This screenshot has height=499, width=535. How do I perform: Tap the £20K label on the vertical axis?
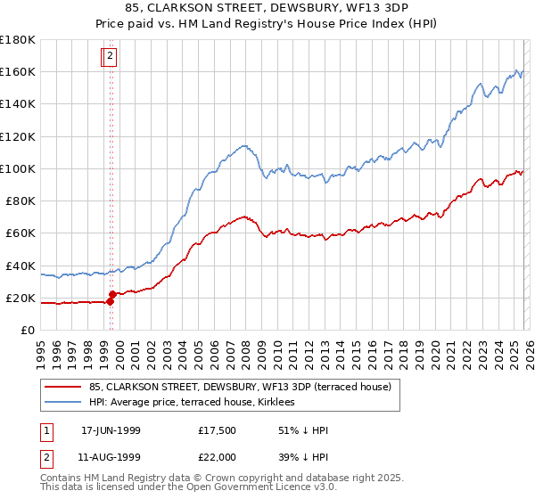pyautogui.click(x=21, y=298)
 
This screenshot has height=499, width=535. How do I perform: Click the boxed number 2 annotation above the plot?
pyautogui.click(x=110, y=56)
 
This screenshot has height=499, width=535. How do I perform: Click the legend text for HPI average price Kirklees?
pyautogui.click(x=198, y=403)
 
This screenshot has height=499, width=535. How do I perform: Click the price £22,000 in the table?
pyautogui.click(x=218, y=456)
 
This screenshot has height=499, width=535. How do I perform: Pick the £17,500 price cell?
pyautogui.click(x=218, y=430)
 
